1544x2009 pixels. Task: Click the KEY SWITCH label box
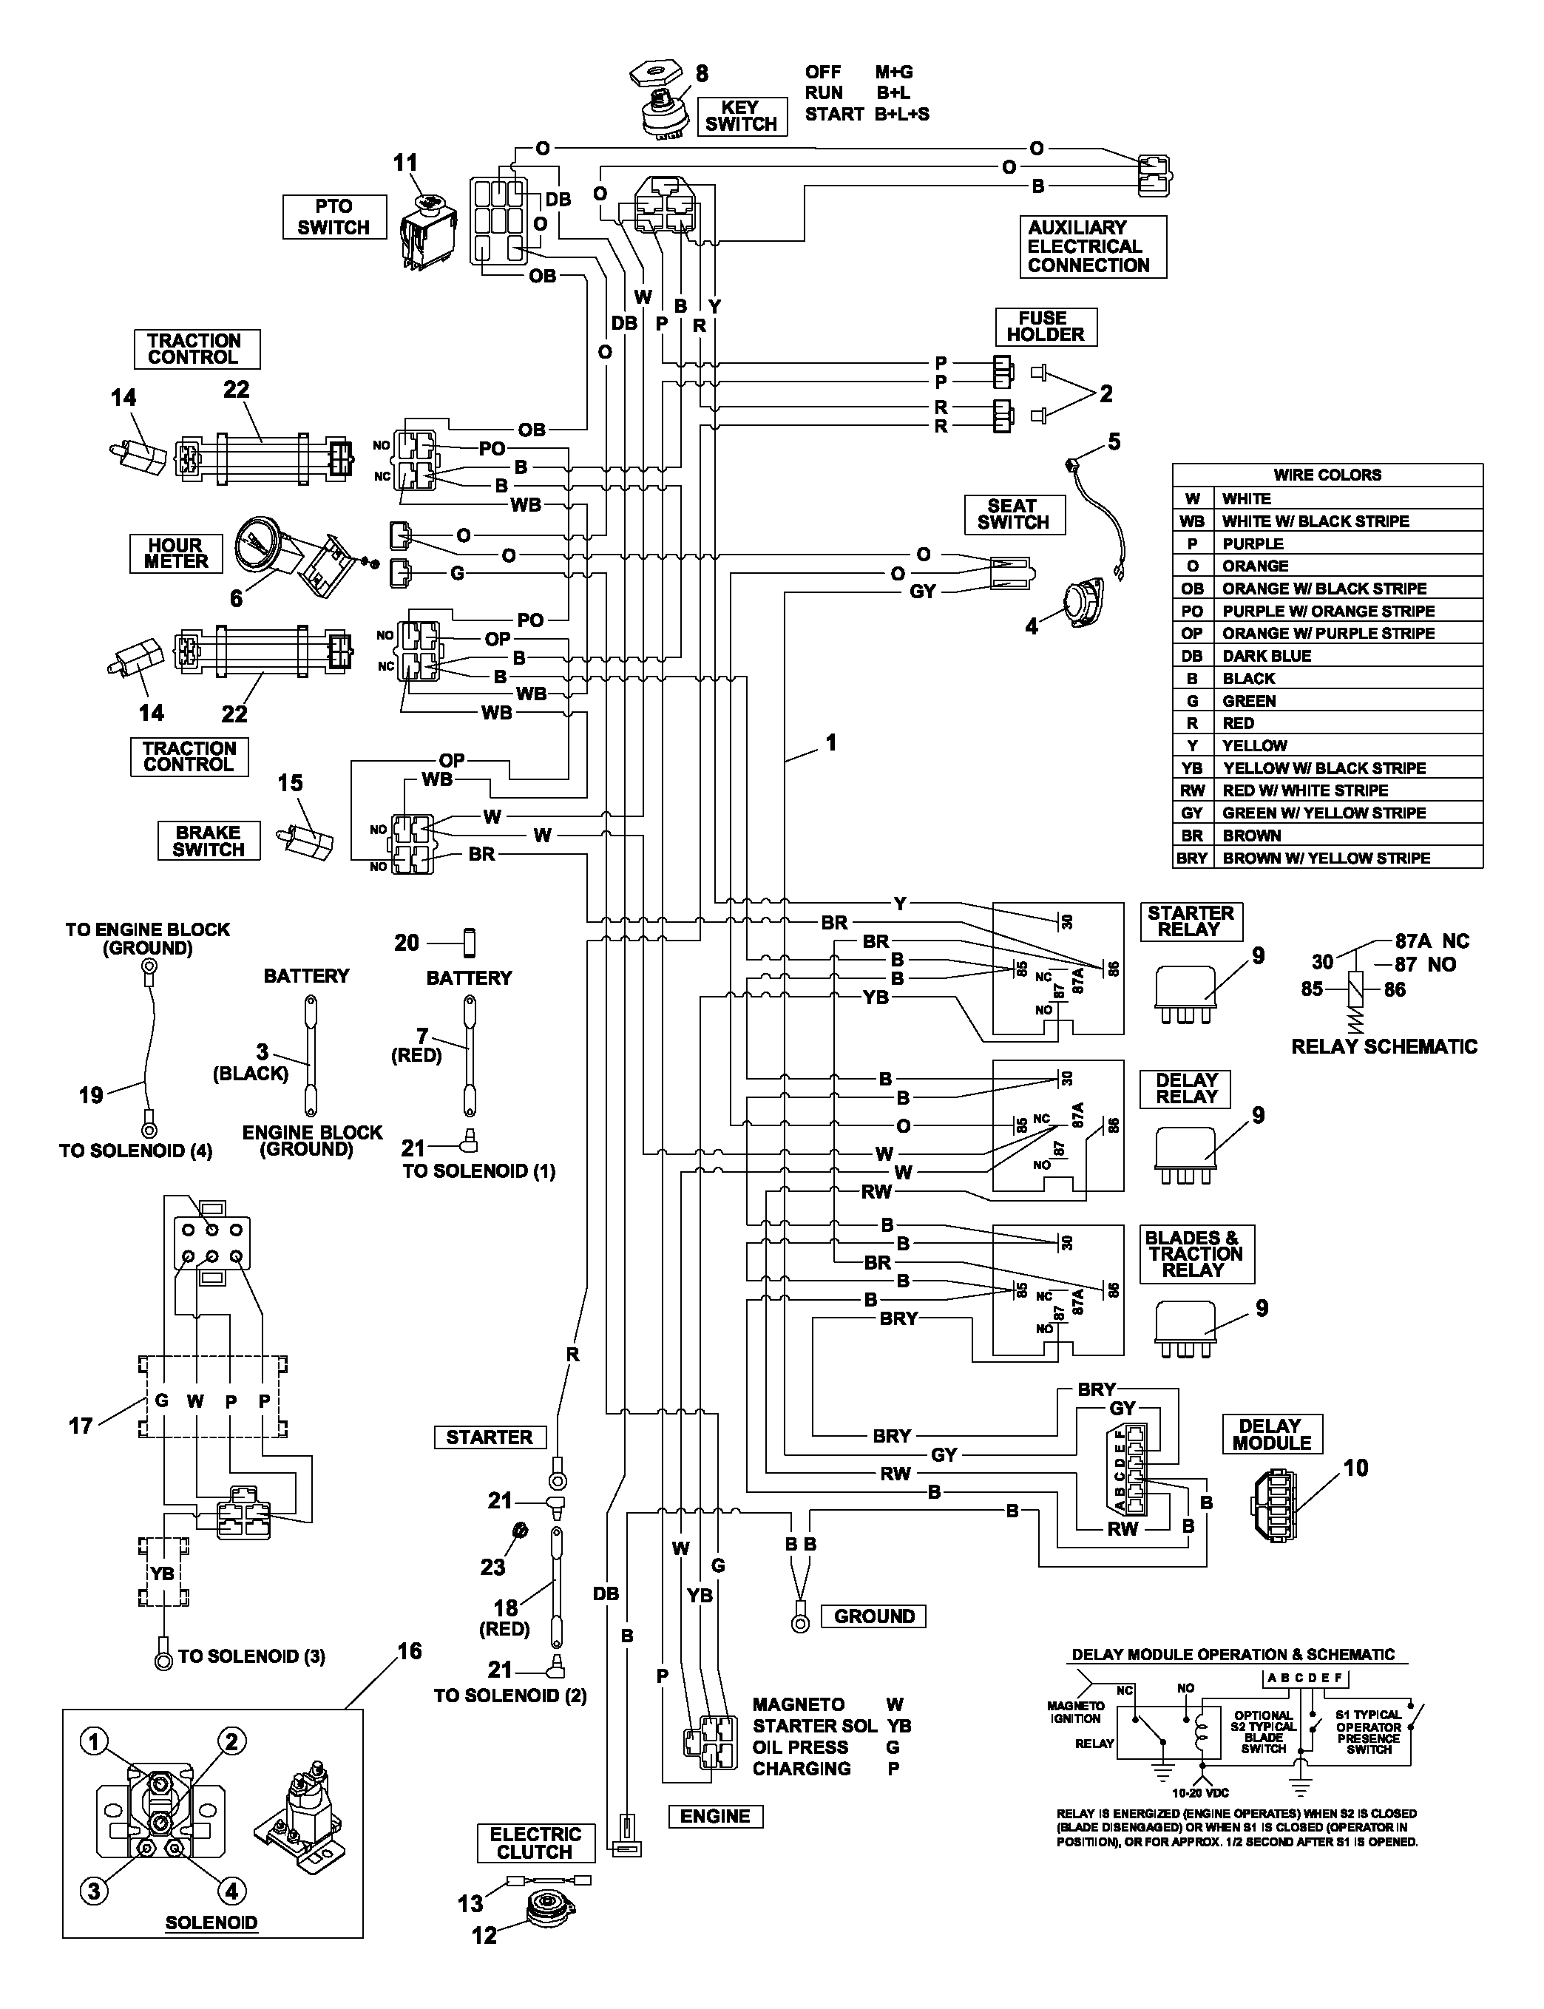[742, 116]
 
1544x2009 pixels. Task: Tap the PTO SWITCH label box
[333, 217]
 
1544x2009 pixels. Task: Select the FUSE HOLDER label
[1046, 326]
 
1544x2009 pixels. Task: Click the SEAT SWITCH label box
[1014, 515]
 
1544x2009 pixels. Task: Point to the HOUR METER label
[177, 553]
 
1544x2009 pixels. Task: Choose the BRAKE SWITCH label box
[209, 841]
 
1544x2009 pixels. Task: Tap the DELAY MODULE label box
[1272, 1434]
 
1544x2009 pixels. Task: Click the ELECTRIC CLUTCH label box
[536, 1843]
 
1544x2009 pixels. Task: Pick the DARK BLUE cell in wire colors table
[1347, 656]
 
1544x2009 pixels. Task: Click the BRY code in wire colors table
[1192, 858]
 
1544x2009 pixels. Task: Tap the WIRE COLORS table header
[1327, 475]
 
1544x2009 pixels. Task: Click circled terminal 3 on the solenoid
[94, 1891]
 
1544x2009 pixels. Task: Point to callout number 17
[81, 1426]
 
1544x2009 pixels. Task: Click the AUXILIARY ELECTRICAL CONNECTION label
[1093, 246]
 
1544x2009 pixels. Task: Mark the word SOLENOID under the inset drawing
[211, 1922]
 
